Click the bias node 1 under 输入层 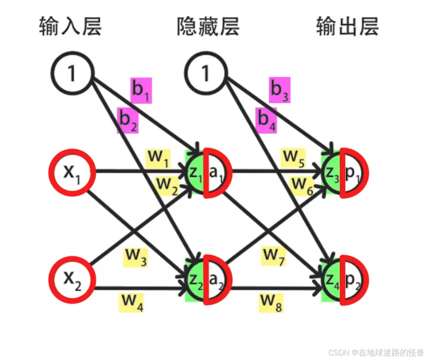pos(73,75)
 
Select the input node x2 pos(73,277)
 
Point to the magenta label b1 pos(141,90)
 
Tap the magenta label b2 pos(128,120)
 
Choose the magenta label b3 pos(280,90)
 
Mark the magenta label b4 pos(267,120)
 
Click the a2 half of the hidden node pos(217,279)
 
